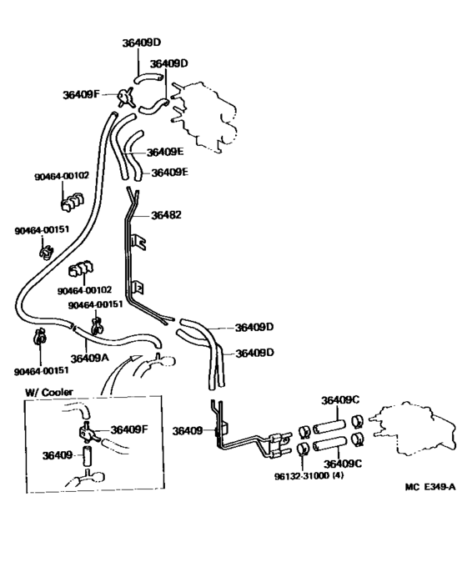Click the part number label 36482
[x=166, y=215]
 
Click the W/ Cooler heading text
[x=48, y=392]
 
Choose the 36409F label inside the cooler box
[x=128, y=429]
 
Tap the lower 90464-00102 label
[x=85, y=290]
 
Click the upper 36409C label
[x=341, y=399]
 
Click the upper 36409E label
[x=165, y=153]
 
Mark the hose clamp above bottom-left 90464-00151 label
[x=38, y=338]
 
